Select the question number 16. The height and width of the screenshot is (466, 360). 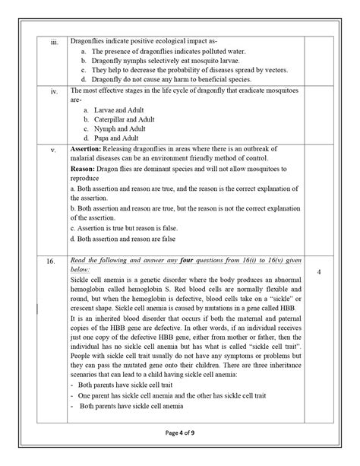52,262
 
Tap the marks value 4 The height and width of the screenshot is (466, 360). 320,270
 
